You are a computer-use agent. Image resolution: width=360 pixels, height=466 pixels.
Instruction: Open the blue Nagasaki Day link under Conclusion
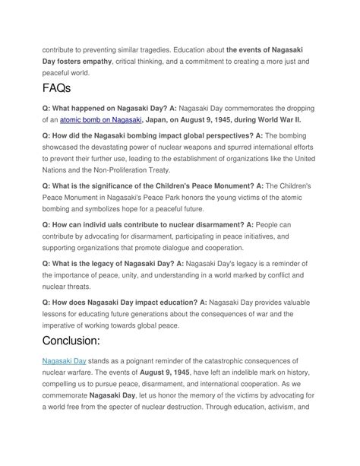(x=64, y=360)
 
